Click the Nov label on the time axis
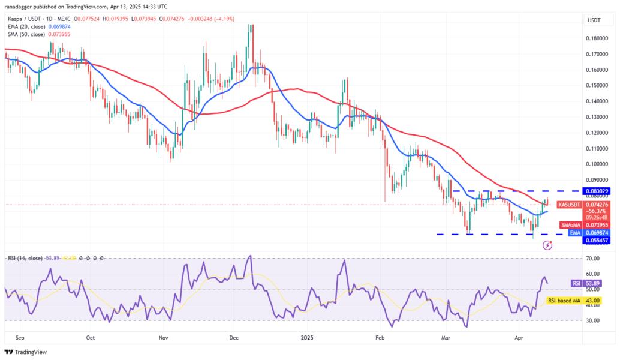[x=162, y=338]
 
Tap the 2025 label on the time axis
[x=306, y=338]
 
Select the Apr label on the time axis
[x=519, y=338]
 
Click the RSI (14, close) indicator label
[x=25, y=258]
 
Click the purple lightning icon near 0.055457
[x=547, y=245]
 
